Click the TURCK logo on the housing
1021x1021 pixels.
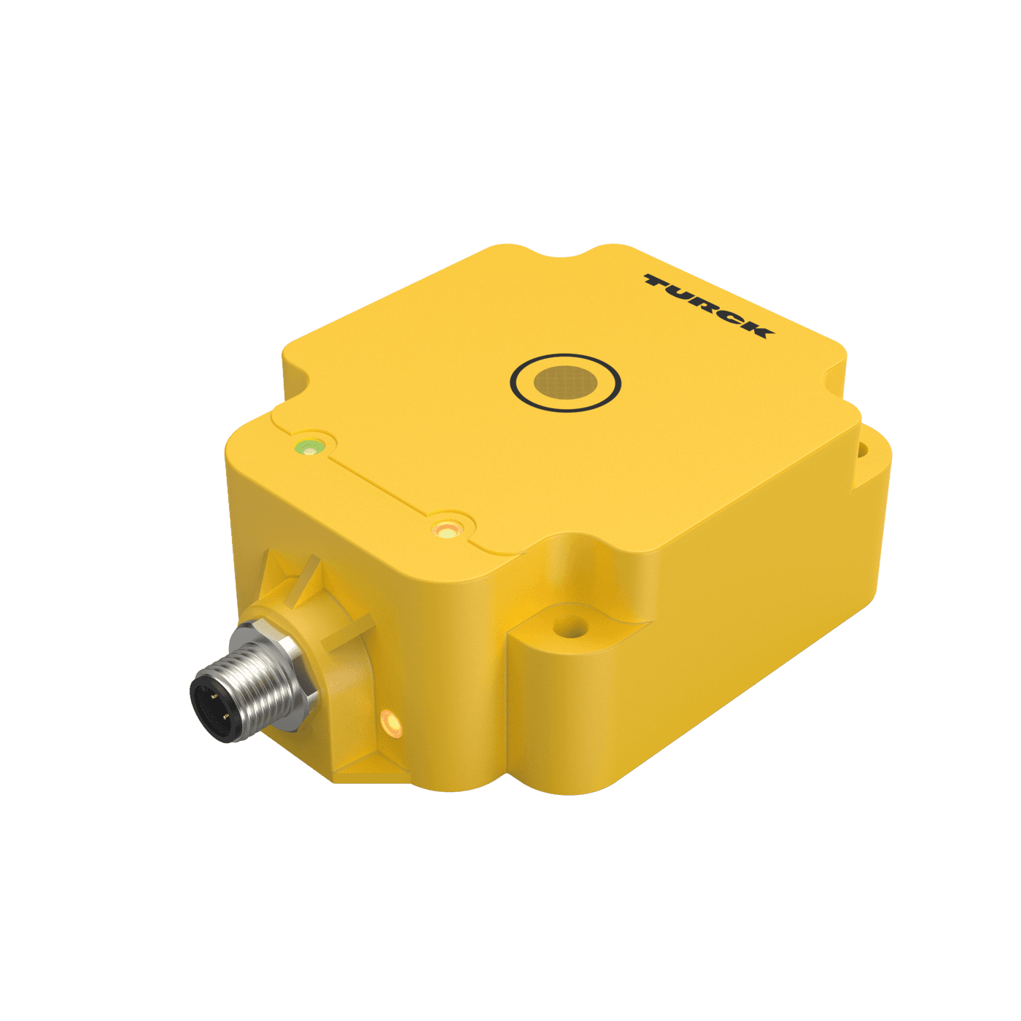point(706,306)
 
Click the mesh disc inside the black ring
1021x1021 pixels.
point(564,381)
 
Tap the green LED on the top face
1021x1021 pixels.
point(309,447)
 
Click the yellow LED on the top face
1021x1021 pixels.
point(446,528)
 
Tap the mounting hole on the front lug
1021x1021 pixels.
point(570,626)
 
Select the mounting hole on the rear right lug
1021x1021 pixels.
point(863,451)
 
